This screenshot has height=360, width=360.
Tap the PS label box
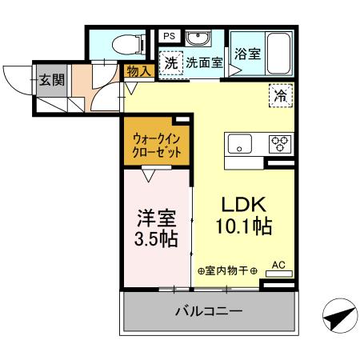tap(170, 37)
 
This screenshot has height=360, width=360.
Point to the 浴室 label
tap(246, 54)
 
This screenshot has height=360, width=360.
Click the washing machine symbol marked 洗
tap(170, 62)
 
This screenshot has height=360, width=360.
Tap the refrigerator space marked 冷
tap(281, 94)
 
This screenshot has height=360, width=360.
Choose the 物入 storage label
tap(138, 71)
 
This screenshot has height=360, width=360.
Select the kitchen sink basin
tap(238, 145)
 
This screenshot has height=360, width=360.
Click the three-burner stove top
tap(280, 145)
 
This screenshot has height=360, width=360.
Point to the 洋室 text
tap(156, 217)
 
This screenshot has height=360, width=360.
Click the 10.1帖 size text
tap(243, 226)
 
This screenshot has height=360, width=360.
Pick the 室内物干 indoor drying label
tap(227, 270)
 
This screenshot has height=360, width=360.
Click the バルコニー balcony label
tap(208, 311)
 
